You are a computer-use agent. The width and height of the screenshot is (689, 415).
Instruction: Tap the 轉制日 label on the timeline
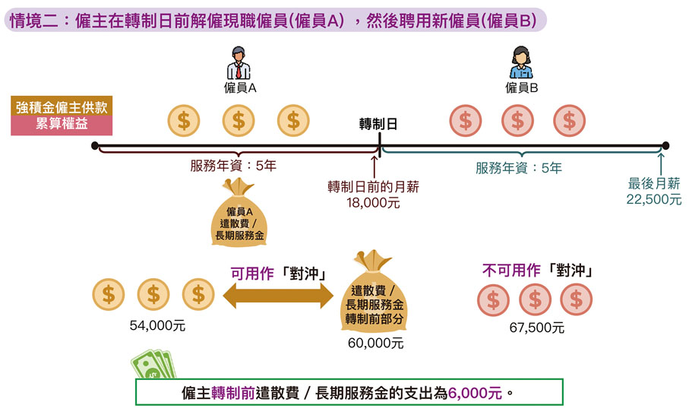378,124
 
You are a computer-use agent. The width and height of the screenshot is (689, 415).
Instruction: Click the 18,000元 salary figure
373,203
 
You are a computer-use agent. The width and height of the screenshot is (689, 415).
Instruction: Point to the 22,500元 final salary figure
654,199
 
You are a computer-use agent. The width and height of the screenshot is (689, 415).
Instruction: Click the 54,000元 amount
157,326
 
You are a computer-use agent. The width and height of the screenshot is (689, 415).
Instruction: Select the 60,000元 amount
376,343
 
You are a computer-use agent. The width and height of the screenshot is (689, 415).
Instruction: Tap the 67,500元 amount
536,328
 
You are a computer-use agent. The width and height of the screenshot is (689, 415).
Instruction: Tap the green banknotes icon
154,368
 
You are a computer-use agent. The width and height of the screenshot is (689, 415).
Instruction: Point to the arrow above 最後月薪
662,162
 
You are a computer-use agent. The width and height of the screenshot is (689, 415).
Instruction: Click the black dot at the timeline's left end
95,145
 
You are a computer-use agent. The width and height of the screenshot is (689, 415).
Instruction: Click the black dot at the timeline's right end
665,145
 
